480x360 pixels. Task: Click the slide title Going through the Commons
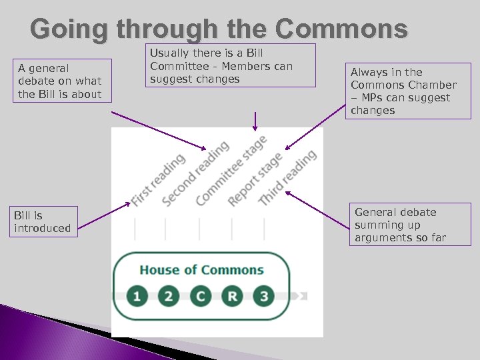[219, 29]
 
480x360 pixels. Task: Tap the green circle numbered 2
[168, 295]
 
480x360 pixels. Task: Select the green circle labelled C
[200, 295]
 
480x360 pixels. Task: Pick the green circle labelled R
[232, 295]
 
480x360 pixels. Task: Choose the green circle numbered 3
[264, 295]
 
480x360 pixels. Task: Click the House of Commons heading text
[201, 270]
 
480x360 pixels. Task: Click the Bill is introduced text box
[43, 222]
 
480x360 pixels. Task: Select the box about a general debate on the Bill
[60, 81]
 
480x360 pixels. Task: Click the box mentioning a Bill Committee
[231, 65]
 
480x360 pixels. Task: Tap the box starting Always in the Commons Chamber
[410, 91]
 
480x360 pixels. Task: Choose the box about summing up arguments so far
[409, 225]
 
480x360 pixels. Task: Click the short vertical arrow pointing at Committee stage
[254, 121]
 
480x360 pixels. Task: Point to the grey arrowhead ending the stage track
[304, 295]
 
